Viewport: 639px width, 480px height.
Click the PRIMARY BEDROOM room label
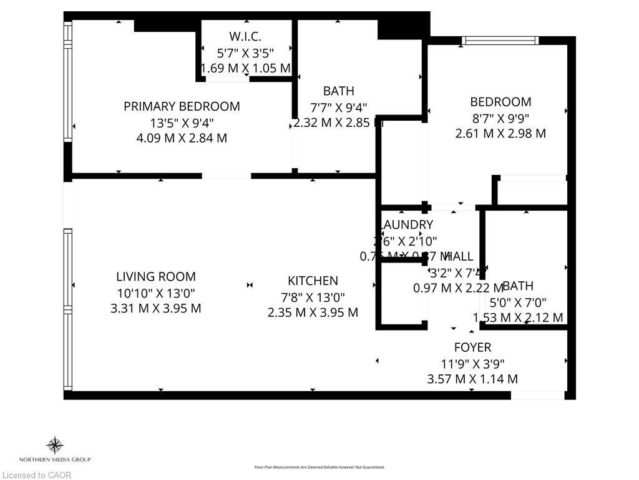182,106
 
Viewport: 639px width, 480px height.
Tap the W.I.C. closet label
245,36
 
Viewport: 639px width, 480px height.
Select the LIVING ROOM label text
155,276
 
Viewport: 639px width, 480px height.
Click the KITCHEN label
313,281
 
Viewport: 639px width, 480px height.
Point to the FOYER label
472,347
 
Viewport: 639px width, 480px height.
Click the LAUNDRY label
406,224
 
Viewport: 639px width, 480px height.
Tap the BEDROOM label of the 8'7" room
500,102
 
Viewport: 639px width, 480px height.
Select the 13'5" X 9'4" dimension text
182,122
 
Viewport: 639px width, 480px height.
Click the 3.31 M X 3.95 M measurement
155,308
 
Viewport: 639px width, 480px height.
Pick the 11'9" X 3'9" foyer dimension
472,363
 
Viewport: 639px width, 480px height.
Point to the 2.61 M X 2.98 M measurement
500,133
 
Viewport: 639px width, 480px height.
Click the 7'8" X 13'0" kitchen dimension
313,297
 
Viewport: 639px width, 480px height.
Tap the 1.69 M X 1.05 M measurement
245,68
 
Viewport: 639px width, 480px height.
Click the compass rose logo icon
55,446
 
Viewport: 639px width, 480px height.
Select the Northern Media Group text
55,460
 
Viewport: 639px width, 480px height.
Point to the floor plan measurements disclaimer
319,467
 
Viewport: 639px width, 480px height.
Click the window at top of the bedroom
500,41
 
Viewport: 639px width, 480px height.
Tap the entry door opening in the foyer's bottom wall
537,395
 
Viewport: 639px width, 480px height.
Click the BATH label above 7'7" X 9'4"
338,91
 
